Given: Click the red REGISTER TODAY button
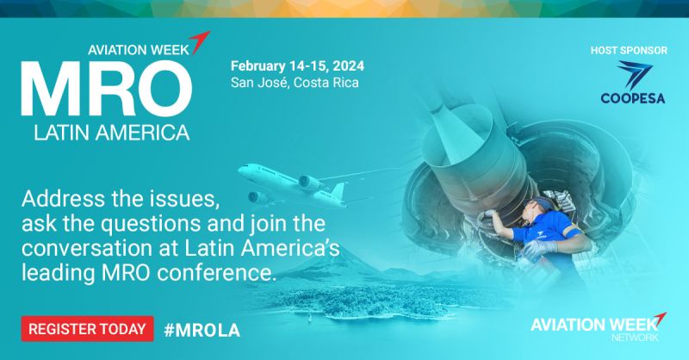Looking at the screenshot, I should point(87,328).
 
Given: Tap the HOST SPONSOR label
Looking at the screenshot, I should point(630,50).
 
